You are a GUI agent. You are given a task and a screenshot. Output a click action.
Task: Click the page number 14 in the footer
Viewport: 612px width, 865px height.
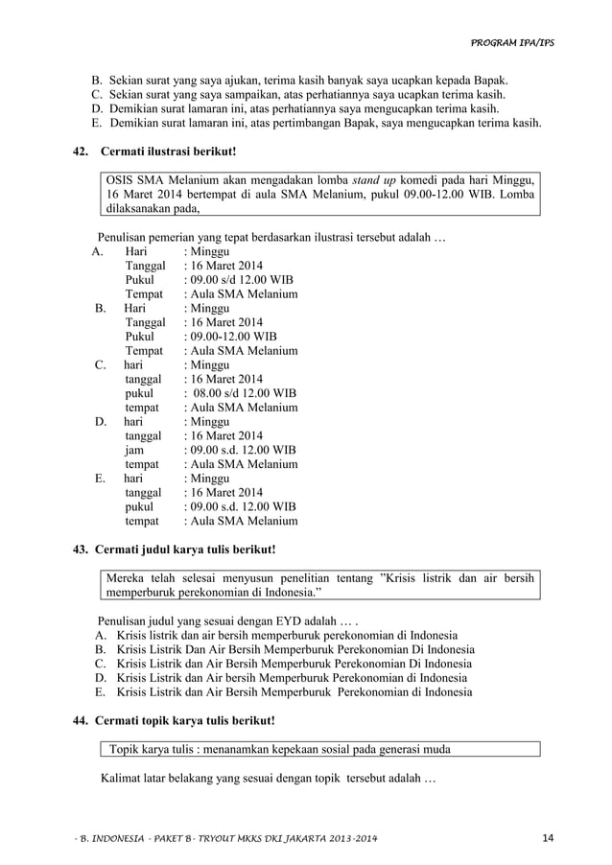(548, 840)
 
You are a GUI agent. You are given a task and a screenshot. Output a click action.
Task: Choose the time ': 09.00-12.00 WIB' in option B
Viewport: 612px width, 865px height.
(229, 337)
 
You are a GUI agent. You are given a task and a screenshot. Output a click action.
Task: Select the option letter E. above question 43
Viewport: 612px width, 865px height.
(100, 478)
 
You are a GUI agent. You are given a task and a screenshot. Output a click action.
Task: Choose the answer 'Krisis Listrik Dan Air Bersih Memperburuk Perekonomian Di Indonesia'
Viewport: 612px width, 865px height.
(294, 649)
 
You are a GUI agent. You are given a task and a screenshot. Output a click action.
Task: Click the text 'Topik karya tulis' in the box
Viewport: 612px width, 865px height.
(156, 750)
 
